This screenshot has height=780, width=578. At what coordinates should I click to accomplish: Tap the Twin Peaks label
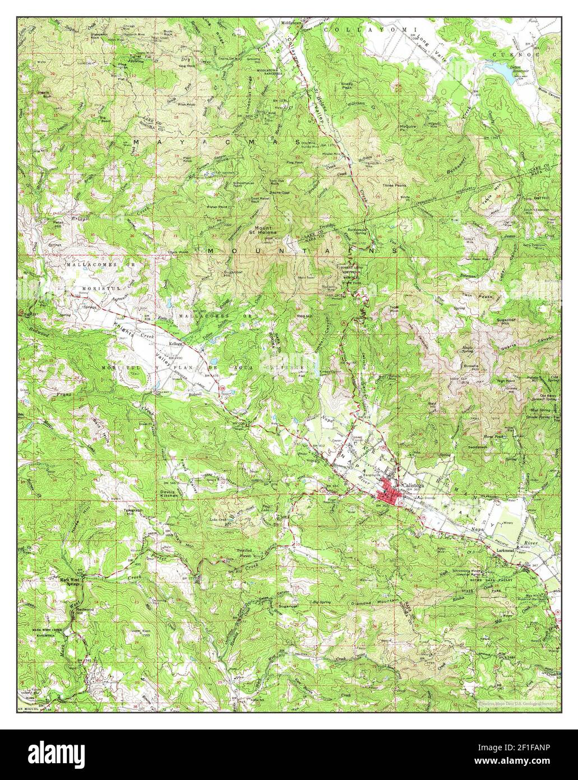click(472, 295)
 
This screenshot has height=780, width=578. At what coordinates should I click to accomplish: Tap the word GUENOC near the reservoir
click(508, 54)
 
